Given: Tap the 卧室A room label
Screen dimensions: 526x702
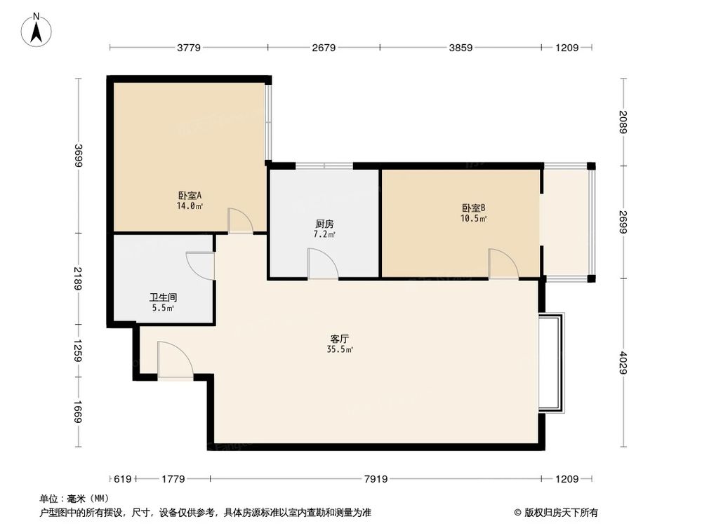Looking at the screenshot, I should [190, 196].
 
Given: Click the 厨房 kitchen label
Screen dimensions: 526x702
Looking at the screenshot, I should [324, 224].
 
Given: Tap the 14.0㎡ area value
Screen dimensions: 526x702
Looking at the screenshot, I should [190, 206].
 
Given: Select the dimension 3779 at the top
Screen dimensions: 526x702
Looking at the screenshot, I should [188, 48].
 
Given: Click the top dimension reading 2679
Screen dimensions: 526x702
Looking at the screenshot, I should [324, 48].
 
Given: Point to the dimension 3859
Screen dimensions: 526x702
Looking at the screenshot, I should [461, 48].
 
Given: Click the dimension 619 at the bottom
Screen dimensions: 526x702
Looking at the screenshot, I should [122, 479].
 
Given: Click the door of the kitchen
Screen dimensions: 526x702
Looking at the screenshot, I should [323, 264].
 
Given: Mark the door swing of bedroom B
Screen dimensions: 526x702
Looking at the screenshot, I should [503, 264].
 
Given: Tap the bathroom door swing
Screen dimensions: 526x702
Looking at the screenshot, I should [200, 266].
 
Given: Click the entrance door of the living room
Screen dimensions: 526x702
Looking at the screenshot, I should [174, 360].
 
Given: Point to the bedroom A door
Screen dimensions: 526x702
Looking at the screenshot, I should [240, 221].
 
